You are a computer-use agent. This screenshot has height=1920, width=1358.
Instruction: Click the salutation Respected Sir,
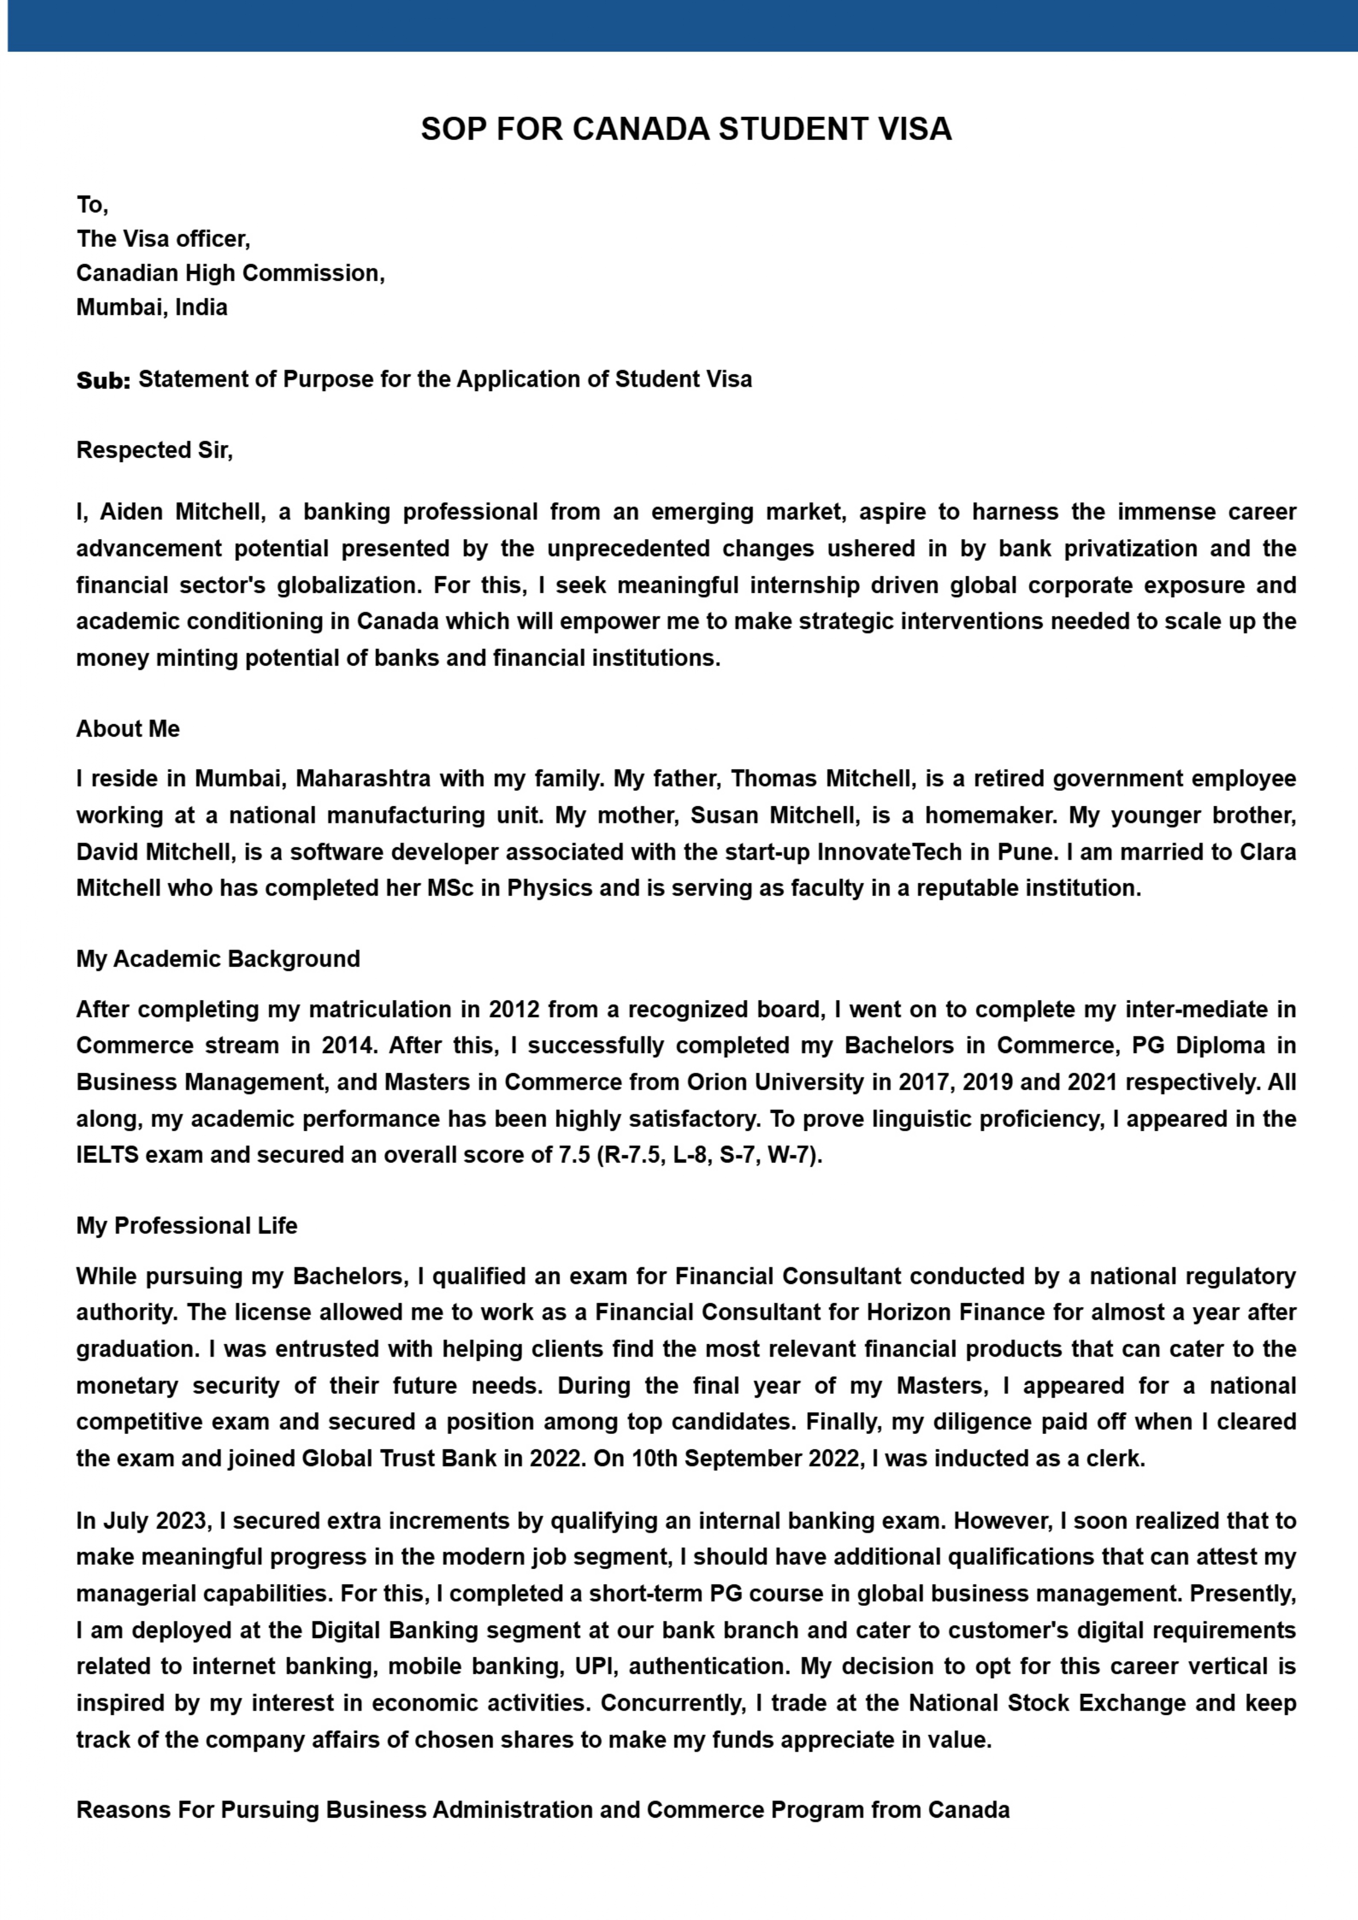pos(155,451)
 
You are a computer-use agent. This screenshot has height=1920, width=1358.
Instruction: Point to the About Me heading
pos(128,729)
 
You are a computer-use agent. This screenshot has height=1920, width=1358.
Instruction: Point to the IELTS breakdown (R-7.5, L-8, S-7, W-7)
pos(709,1156)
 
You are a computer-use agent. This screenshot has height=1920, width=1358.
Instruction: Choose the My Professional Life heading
pos(187,1226)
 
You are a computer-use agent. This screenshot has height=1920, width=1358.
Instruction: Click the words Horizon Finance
pos(955,1313)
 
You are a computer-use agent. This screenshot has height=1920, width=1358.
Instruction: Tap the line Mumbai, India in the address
pos(152,308)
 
